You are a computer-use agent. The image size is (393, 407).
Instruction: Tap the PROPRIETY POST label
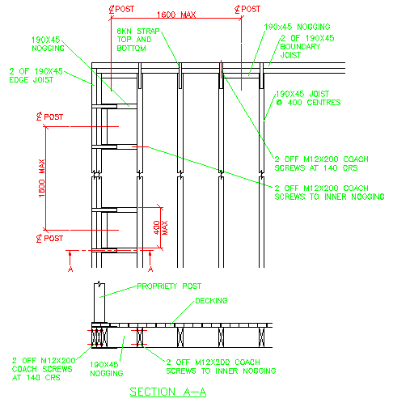(167, 286)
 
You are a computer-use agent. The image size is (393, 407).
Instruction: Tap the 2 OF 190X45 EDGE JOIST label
(36, 74)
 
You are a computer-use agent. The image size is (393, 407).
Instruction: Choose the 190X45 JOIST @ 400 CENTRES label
(308, 98)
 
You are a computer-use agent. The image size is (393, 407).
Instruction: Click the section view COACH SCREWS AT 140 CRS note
(44, 368)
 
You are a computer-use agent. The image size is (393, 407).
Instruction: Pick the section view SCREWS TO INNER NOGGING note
(220, 366)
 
